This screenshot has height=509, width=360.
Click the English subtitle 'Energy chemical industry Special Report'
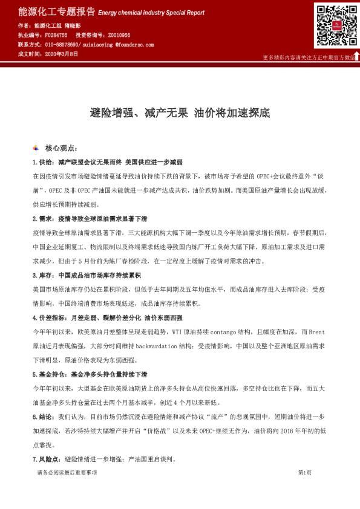click(151, 13)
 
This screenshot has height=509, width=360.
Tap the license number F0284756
click(57, 36)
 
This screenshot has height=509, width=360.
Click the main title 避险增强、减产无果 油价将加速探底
click(180, 112)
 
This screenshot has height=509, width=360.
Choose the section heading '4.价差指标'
click(50, 317)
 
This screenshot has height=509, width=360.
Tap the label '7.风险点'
click(47, 459)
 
